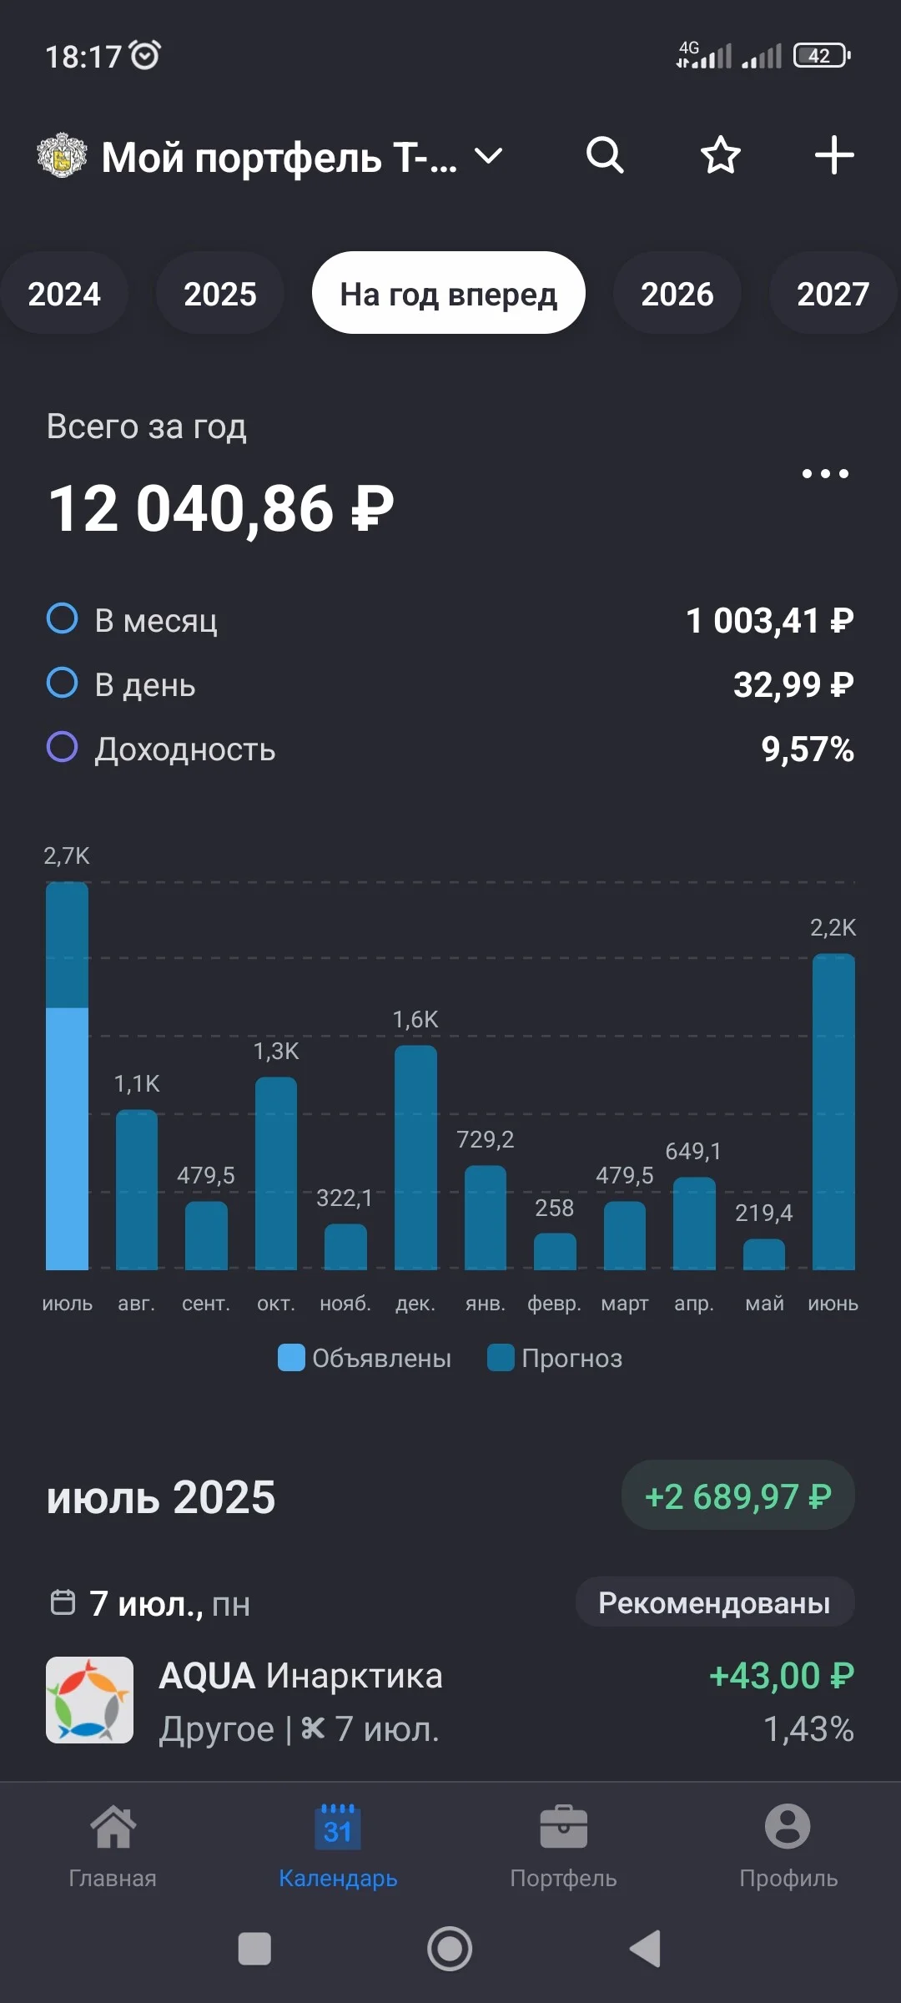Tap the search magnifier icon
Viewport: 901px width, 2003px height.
(605, 155)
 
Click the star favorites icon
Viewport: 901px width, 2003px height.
(720, 155)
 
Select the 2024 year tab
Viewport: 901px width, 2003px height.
(64, 294)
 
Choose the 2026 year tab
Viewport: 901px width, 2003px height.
(677, 294)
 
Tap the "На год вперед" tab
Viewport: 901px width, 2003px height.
(449, 293)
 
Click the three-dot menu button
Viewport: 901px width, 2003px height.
(825, 474)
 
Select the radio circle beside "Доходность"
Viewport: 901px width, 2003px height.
(62, 747)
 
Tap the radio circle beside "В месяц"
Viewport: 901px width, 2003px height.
(62, 618)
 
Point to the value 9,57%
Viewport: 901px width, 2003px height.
(808, 749)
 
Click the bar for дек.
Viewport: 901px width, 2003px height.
(415, 1158)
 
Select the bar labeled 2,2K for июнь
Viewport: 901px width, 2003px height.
(833, 1112)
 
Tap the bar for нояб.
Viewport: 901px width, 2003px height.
(345, 1247)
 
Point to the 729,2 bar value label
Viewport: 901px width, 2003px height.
(485, 1139)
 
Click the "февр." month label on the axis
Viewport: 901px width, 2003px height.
(554, 1304)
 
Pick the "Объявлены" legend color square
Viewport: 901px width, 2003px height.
(291, 1357)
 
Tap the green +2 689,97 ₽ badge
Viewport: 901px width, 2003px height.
(738, 1496)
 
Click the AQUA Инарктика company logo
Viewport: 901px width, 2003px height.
(89, 1700)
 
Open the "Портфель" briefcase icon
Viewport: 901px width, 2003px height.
(563, 1827)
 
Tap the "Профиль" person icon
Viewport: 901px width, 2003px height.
(788, 1826)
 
